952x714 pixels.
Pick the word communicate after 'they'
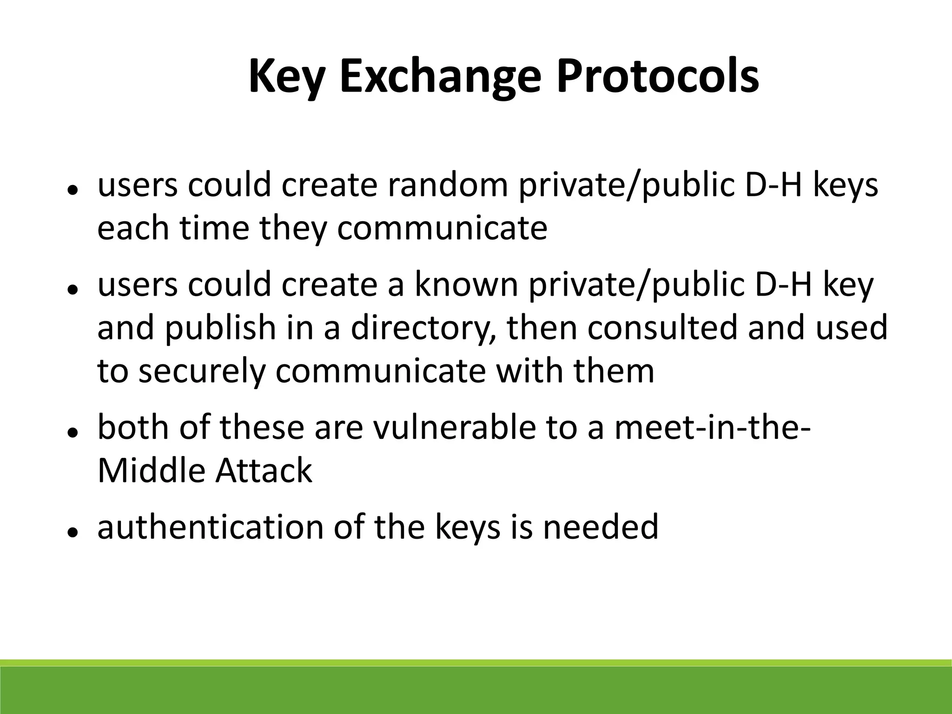(x=442, y=229)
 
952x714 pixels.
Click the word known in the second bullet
(x=466, y=285)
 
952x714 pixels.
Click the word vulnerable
(x=455, y=427)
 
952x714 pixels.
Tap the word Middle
(x=151, y=470)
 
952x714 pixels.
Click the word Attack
(x=264, y=470)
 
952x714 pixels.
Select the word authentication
(x=211, y=527)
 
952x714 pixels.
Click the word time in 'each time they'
(x=215, y=229)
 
